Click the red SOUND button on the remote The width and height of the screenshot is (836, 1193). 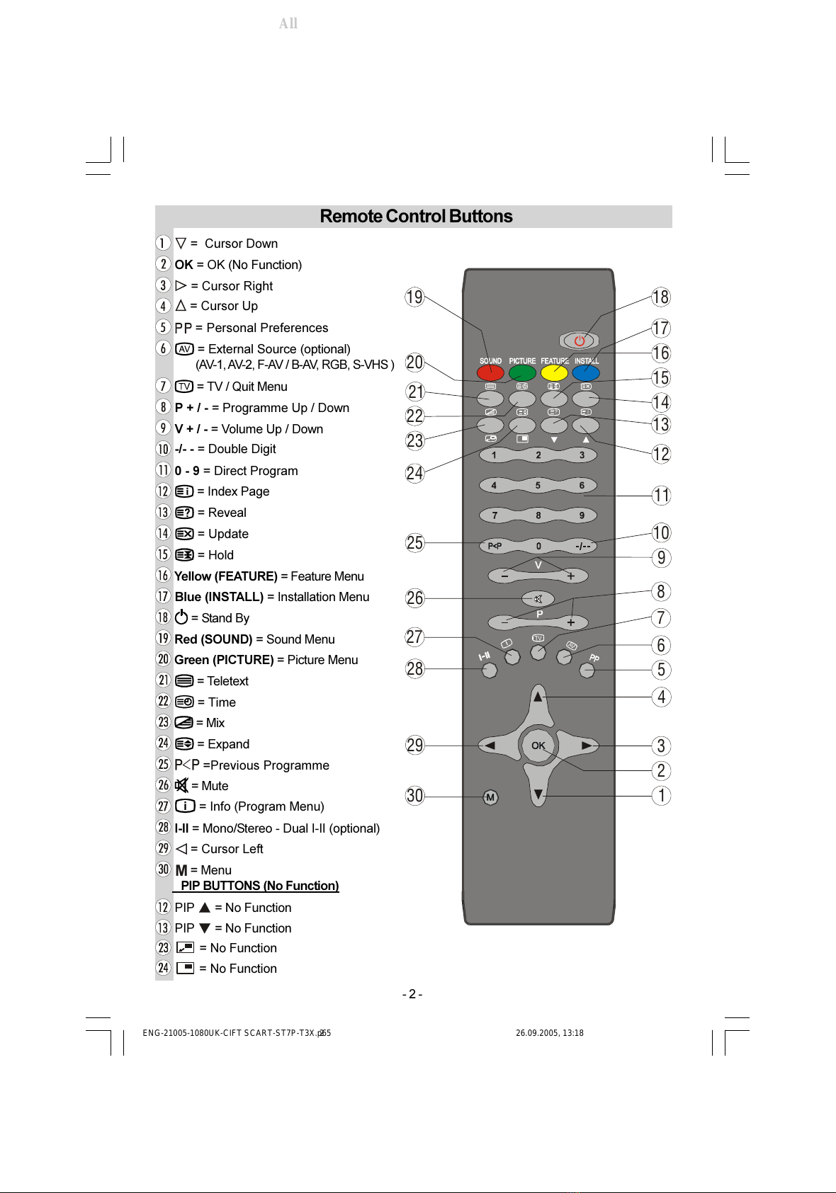(490, 373)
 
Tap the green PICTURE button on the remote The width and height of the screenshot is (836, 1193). (522, 373)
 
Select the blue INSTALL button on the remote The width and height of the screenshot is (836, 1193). (586, 373)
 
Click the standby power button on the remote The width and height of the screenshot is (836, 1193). (580, 341)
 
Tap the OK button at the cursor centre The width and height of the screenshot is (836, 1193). (538, 746)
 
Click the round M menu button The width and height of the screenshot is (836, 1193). (490, 797)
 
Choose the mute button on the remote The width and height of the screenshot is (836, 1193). (538, 599)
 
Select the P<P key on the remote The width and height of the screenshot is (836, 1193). (495, 546)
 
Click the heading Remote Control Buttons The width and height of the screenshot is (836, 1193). (416, 217)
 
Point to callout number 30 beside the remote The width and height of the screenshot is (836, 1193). (414, 796)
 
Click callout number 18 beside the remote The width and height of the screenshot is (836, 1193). (661, 297)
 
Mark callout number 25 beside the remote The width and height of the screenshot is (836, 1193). (414, 543)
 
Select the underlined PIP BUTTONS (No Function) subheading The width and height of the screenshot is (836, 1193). (259, 886)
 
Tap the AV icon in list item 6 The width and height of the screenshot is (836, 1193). (184, 349)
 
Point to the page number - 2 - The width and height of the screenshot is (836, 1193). (412, 994)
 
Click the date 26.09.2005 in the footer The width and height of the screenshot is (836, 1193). (536, 1033)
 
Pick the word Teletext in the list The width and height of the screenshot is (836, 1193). (227, 681)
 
